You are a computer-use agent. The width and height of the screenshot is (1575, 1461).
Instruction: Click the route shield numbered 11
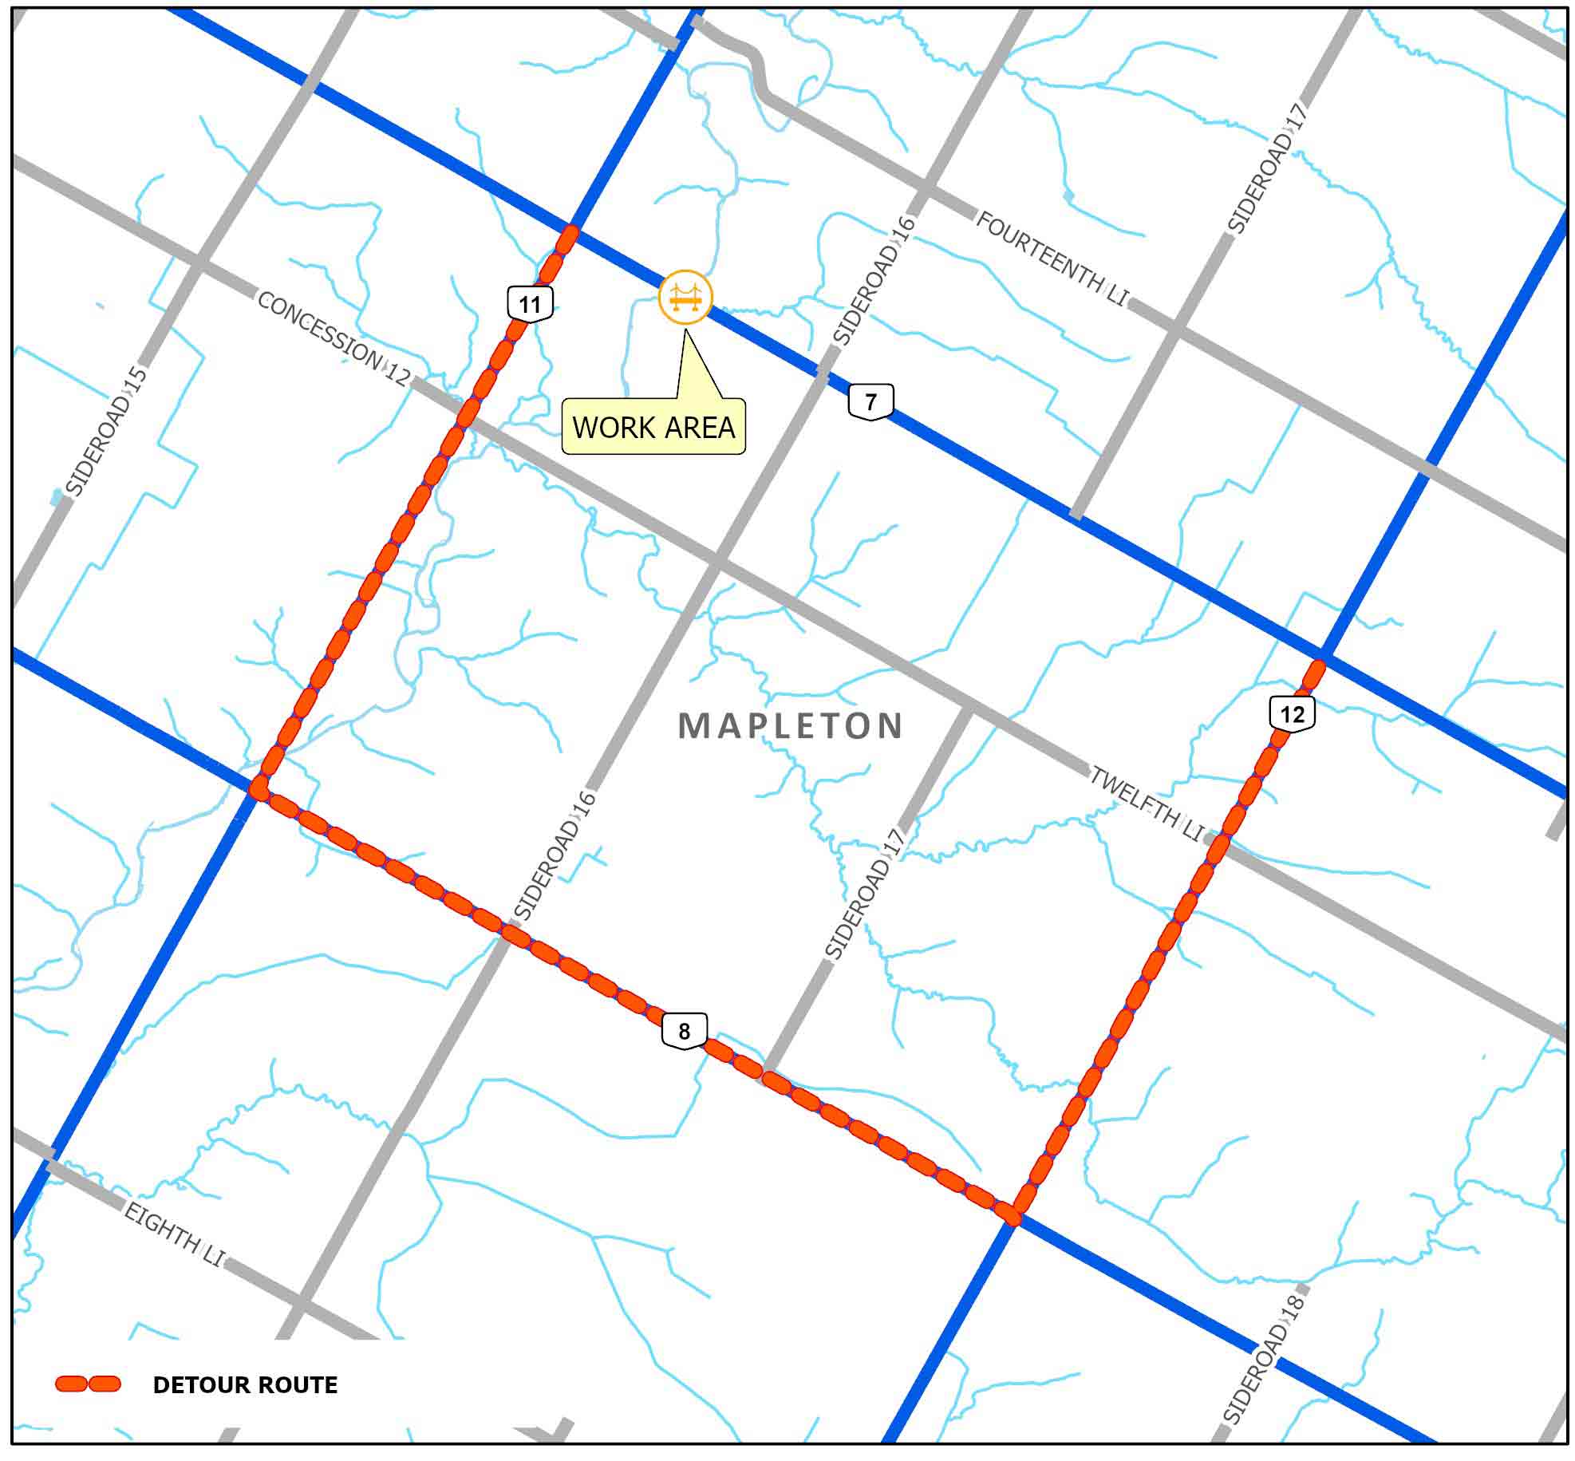click(x=530, y=303)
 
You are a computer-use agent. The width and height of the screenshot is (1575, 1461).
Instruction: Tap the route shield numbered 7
click(x=870, y=401)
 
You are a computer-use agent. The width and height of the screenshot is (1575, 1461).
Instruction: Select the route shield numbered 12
click(x=1292, y=713)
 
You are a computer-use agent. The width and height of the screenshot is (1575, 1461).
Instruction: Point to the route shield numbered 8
click(x=684, y=1032)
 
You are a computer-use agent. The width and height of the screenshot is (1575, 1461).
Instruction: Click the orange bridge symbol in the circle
click(x=685, y=297)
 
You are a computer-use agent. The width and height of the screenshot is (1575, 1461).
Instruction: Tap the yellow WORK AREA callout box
click(x=653, y=428)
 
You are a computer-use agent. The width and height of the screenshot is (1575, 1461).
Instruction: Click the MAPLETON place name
click(x=791, y=726)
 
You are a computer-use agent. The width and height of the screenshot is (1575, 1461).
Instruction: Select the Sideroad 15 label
click(x=106, y=431)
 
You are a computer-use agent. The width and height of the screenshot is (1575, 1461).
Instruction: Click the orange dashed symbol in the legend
click(x=88, y=1384)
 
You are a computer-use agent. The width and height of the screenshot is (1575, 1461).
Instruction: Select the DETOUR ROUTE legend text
click(x=245, y=1384)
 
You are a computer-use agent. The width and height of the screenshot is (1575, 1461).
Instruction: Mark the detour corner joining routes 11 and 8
click(x=259, y=788)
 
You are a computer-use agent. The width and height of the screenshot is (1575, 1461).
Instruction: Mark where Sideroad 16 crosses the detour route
click(x=509, y=930)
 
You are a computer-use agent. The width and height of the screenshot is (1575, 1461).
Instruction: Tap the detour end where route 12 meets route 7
click(x=1319, y=664)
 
